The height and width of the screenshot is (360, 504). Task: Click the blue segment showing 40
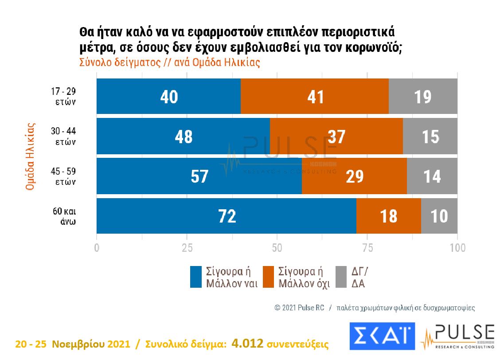point(168,97)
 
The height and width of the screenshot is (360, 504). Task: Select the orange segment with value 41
point(315,97)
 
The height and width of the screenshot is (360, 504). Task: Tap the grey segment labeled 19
point(423,97)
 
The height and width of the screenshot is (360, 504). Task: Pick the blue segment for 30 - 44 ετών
point(183,136)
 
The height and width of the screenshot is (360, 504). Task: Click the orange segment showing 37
point(336,136)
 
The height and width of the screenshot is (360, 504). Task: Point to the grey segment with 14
point(432,176)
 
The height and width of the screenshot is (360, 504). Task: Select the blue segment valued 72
point(226,216)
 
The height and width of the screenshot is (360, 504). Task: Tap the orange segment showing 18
point(388,216)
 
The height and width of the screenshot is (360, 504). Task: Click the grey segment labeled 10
point(439,216)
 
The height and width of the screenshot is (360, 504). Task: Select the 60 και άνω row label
point(65,216)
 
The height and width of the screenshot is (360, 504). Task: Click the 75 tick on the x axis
point(367,248)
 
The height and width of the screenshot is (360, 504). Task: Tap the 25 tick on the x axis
point(187,248)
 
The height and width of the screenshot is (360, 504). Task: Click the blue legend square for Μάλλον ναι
point(196,277)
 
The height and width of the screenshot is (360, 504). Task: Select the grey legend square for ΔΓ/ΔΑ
point(341,277)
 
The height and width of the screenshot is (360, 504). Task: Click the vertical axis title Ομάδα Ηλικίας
point(30,157)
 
